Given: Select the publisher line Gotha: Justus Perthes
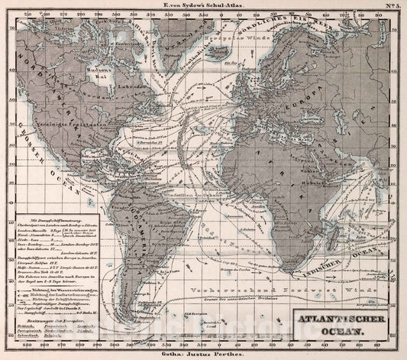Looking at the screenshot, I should (x=202, y=353).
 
